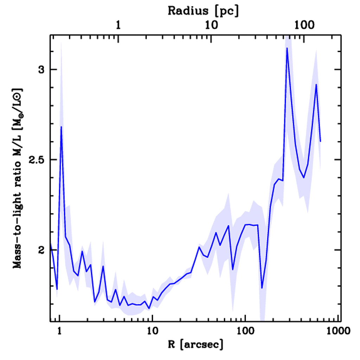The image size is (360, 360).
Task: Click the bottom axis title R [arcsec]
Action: (x=195, y=345)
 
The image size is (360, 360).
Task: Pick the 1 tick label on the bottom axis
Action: (x=59, y=331)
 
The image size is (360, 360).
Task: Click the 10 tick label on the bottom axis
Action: (x=152, y=331)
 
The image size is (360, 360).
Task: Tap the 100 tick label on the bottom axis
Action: (x=245, y=331)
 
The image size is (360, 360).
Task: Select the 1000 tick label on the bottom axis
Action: (x=337, y=331)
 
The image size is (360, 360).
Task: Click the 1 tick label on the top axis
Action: (x=118, y=26)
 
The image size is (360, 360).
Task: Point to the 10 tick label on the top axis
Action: (x=211, y=26)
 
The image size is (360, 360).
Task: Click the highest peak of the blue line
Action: (x=287, y=48)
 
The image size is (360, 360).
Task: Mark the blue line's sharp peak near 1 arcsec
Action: (x=61, y=127)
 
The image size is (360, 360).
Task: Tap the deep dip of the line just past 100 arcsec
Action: (x=262, y=288)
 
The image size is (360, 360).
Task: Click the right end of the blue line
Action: (x=321, y=141)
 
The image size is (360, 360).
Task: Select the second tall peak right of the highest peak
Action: (x=316, y=84)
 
